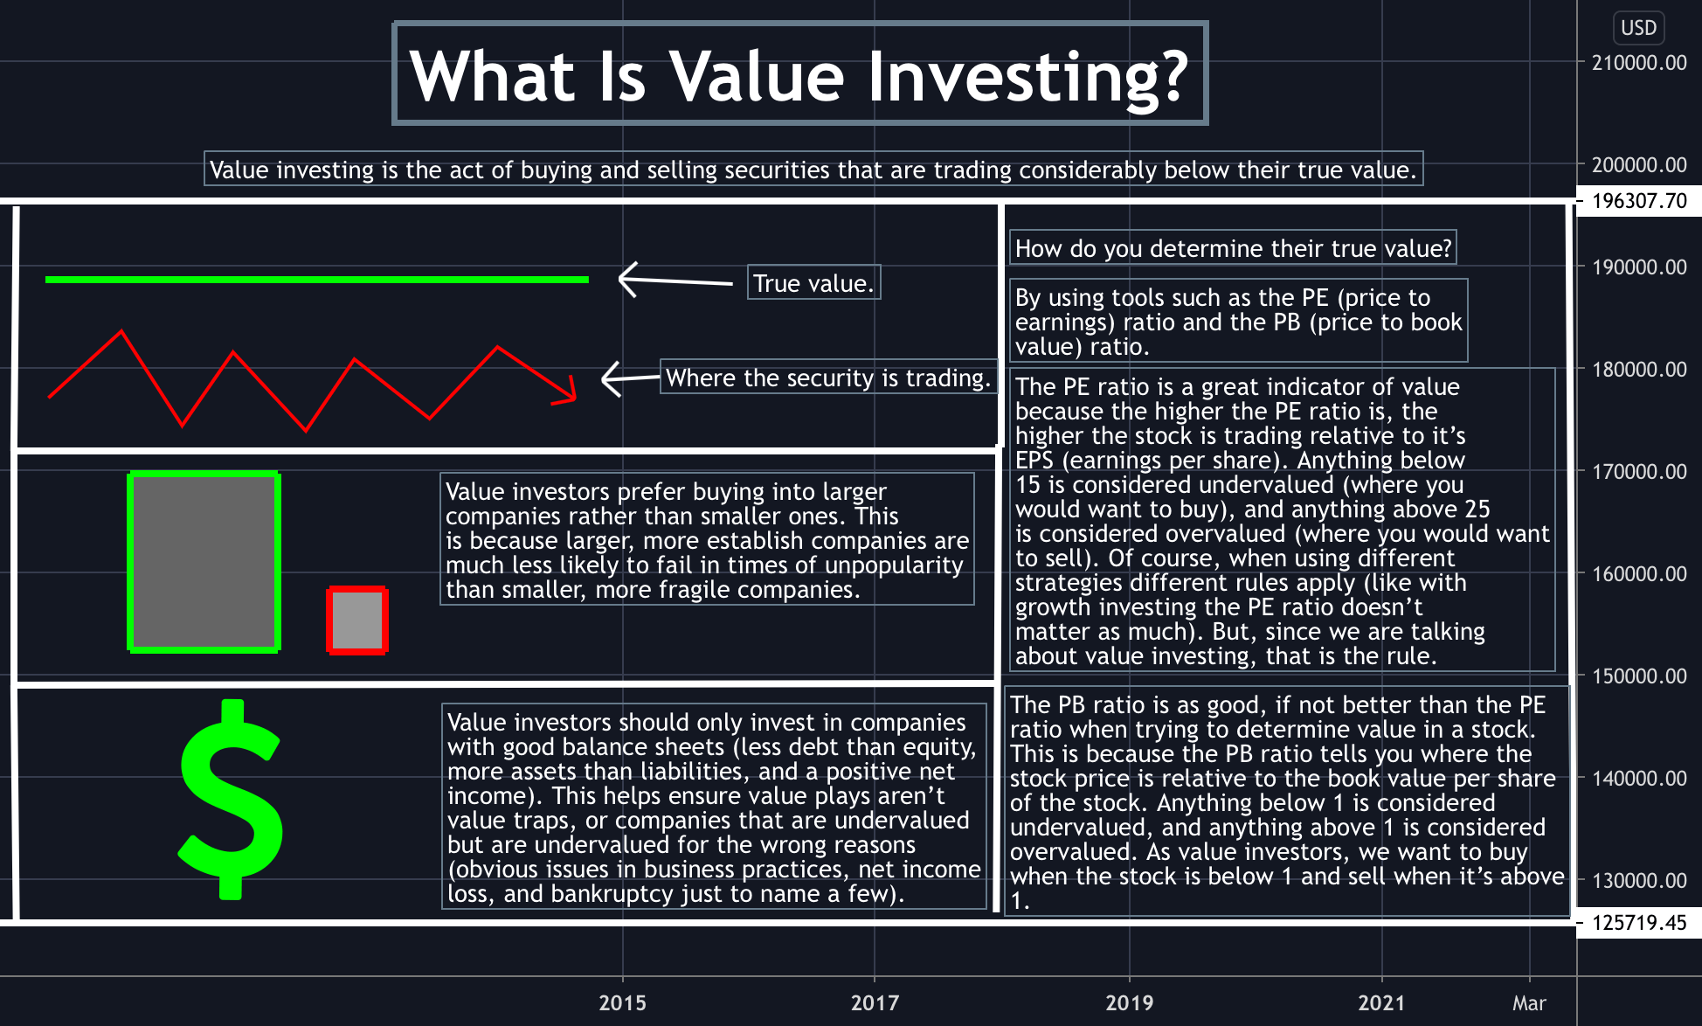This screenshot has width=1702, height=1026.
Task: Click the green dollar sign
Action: pyautogui.click(x=230, y=800)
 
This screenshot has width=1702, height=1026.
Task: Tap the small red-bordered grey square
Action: pyautogui.click(x=357, y=620)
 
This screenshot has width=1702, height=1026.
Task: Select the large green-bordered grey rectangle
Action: pyautogui.click(x=204, y=562)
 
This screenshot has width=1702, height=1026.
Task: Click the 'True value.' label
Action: pyautogui.click(x=813, y=283)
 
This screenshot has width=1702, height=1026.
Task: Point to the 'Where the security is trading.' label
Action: pyautogui.click(x=827, y=378)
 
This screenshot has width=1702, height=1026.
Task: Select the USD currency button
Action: pyautogui.click(x=1638, y=28)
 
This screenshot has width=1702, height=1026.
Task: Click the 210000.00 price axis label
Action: pyautogui.click(x=1639, y=63)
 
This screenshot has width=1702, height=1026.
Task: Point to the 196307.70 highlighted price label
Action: pyautogui.click(x=1639, y=201)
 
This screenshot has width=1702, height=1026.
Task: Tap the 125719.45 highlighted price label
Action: pyautogui.click(x=1639, y=923)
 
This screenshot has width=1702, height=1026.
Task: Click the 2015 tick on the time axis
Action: pyautogui.click(x=622, y=1002)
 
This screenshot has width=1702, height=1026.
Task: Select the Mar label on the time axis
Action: pyautogui.click(x=1529, y=1002)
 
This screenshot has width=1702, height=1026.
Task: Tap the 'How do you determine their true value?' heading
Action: pyautogui.click(x=1233, y=248)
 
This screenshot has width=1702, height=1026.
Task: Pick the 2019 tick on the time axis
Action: pyautogui.click(x=1129, y=1002)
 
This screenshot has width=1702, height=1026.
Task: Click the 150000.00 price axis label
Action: pyautogui.click(x=1639, y=676)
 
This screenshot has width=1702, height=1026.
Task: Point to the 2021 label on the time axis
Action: pyautogui.click(x=1381, y=1002)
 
